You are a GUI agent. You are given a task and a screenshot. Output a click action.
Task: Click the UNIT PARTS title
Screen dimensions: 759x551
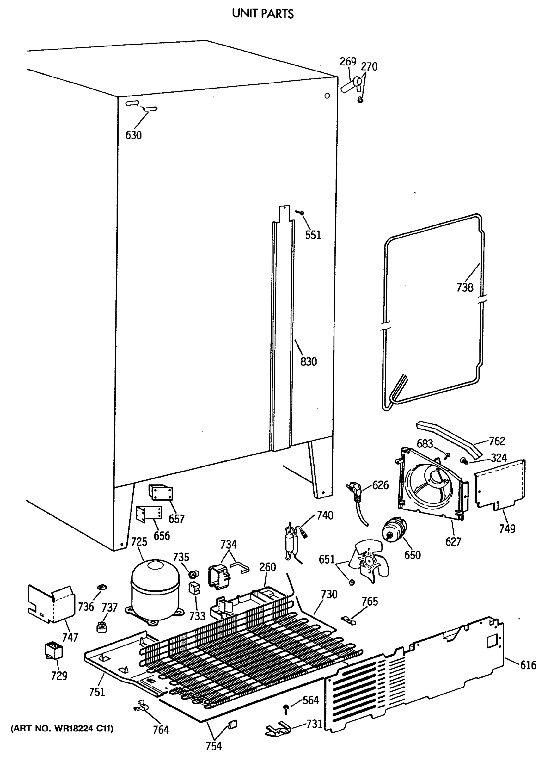(x=263, y=14)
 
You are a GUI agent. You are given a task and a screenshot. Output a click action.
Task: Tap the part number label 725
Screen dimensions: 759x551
(x=139, y=541)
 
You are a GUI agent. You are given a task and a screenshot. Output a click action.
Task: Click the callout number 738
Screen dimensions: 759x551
(x=465, y=287)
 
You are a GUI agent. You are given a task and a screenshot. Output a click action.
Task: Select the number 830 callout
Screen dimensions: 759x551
(x=308, y=361)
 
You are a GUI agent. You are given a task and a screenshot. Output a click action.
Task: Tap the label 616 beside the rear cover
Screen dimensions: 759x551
(x=528, y=665)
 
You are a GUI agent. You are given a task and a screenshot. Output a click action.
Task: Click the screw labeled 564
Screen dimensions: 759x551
(x=286, y=707)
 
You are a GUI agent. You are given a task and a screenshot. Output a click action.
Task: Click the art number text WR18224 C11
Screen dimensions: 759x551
(x=62, y=728)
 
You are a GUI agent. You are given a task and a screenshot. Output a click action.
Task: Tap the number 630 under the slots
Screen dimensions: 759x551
(x=133, y=135)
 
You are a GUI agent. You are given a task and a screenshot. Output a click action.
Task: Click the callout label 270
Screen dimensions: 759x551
(x=369, y=67)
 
